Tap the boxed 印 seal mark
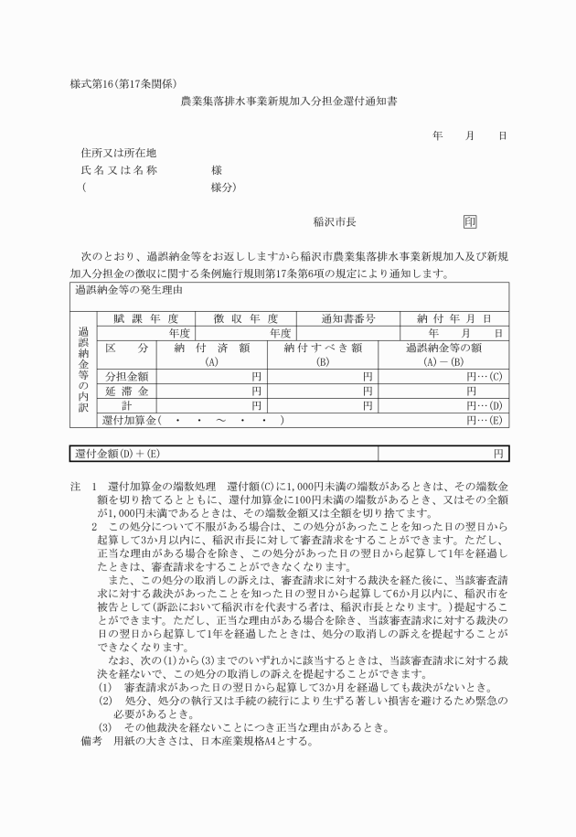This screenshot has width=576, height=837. tap(469, 221)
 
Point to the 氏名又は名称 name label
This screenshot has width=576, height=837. tap(119, 170)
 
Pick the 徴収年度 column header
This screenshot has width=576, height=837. tap(246, 318)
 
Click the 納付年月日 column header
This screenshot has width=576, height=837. tap(454, 318)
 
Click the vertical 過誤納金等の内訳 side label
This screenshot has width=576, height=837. tap(82, 370)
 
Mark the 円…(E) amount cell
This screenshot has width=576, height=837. tap(484, 420)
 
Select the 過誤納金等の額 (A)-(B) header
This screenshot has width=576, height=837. tap(443, 355)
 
